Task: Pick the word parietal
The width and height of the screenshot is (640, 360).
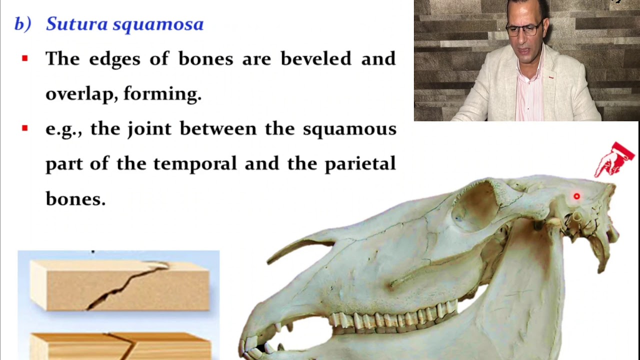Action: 360,163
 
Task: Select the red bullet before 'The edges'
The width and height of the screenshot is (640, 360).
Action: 25,58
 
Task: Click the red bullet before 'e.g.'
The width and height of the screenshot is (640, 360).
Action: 25,128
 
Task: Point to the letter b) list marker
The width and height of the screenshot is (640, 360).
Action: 22,24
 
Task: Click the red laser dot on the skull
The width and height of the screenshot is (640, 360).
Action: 576,196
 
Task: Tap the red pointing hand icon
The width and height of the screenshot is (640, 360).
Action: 614,159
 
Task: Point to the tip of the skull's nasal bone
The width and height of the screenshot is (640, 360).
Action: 270,260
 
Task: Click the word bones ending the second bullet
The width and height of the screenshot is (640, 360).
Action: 75,199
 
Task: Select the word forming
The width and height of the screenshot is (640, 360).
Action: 162,94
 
